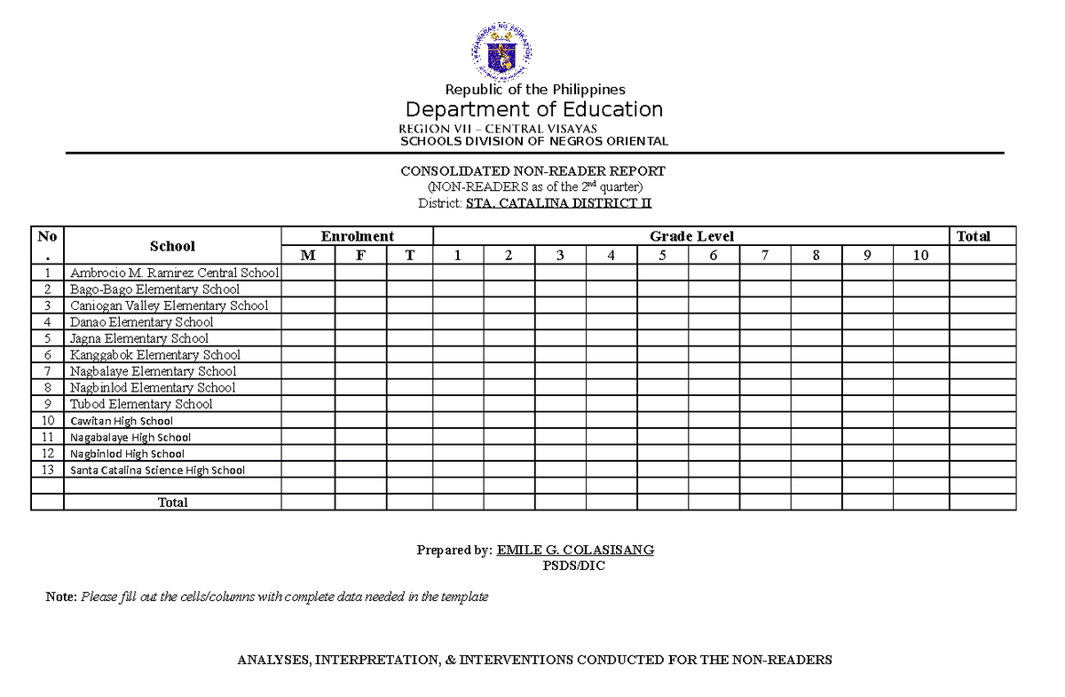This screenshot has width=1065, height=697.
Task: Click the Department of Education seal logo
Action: [x=501, y=51]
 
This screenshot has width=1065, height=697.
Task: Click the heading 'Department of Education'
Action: [x=534, y=109]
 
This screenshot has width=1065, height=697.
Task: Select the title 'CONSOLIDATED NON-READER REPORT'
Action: [x=532, y=170]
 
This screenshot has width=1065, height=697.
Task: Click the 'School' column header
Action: [x=172, y=246]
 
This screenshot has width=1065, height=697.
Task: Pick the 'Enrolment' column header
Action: [x=357, y=236]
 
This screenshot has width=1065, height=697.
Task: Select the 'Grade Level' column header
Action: [x=691, y=236]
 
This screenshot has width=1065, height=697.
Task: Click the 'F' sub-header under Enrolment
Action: [x=360, y=256]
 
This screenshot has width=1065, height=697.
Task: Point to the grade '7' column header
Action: [x=765, y=256]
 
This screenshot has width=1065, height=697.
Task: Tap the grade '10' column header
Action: [x=920, y=256]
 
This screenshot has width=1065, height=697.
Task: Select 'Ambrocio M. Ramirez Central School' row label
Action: [x=174, y=273]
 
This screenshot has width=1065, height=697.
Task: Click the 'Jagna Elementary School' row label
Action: [x=139, y=338]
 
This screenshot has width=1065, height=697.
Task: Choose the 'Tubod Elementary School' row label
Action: [x=141, y=404]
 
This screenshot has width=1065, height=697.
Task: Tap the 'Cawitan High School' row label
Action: [x=122, y=421]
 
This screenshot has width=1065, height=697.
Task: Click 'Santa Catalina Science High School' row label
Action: [x=157, y=470]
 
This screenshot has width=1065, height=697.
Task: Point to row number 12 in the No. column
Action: [x=47, y=454]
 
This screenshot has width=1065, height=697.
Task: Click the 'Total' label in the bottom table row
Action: [x=172, y=503]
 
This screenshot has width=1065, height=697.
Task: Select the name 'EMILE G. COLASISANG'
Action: [x=575, y=550]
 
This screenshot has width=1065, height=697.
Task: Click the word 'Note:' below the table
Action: [x=61, y=597]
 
